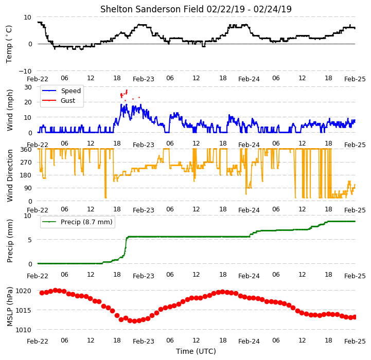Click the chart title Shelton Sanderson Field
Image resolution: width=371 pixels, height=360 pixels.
coord(152,9)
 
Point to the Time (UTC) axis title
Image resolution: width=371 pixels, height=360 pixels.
coord(196,351)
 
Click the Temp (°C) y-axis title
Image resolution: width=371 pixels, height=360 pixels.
coord(9,44)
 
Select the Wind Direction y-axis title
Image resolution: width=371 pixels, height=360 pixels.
coord(10,175)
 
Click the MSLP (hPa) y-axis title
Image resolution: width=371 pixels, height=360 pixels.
coord(10,307)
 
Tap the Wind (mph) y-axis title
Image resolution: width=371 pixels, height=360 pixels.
coord(10,110)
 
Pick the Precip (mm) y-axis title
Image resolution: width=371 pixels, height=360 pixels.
coord(10,241)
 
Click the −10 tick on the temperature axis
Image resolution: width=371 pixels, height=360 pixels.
coord(25,71)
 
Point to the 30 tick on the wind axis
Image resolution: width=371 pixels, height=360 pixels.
coord(28,87)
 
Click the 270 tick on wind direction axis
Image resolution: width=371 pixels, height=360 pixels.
coord(26,163)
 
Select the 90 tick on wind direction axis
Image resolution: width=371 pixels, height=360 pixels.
coord(28,188)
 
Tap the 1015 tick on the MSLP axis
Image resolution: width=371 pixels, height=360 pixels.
coord(24,310)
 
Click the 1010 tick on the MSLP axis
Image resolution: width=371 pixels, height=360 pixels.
coord(24,330)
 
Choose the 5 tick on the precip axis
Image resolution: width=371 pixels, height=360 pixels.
coord(30,240)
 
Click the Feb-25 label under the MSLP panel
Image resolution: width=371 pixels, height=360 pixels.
coord(355,341)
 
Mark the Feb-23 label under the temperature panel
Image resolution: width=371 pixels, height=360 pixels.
coord(144,79)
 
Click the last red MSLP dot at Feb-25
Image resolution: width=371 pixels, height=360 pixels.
coord(355,317)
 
